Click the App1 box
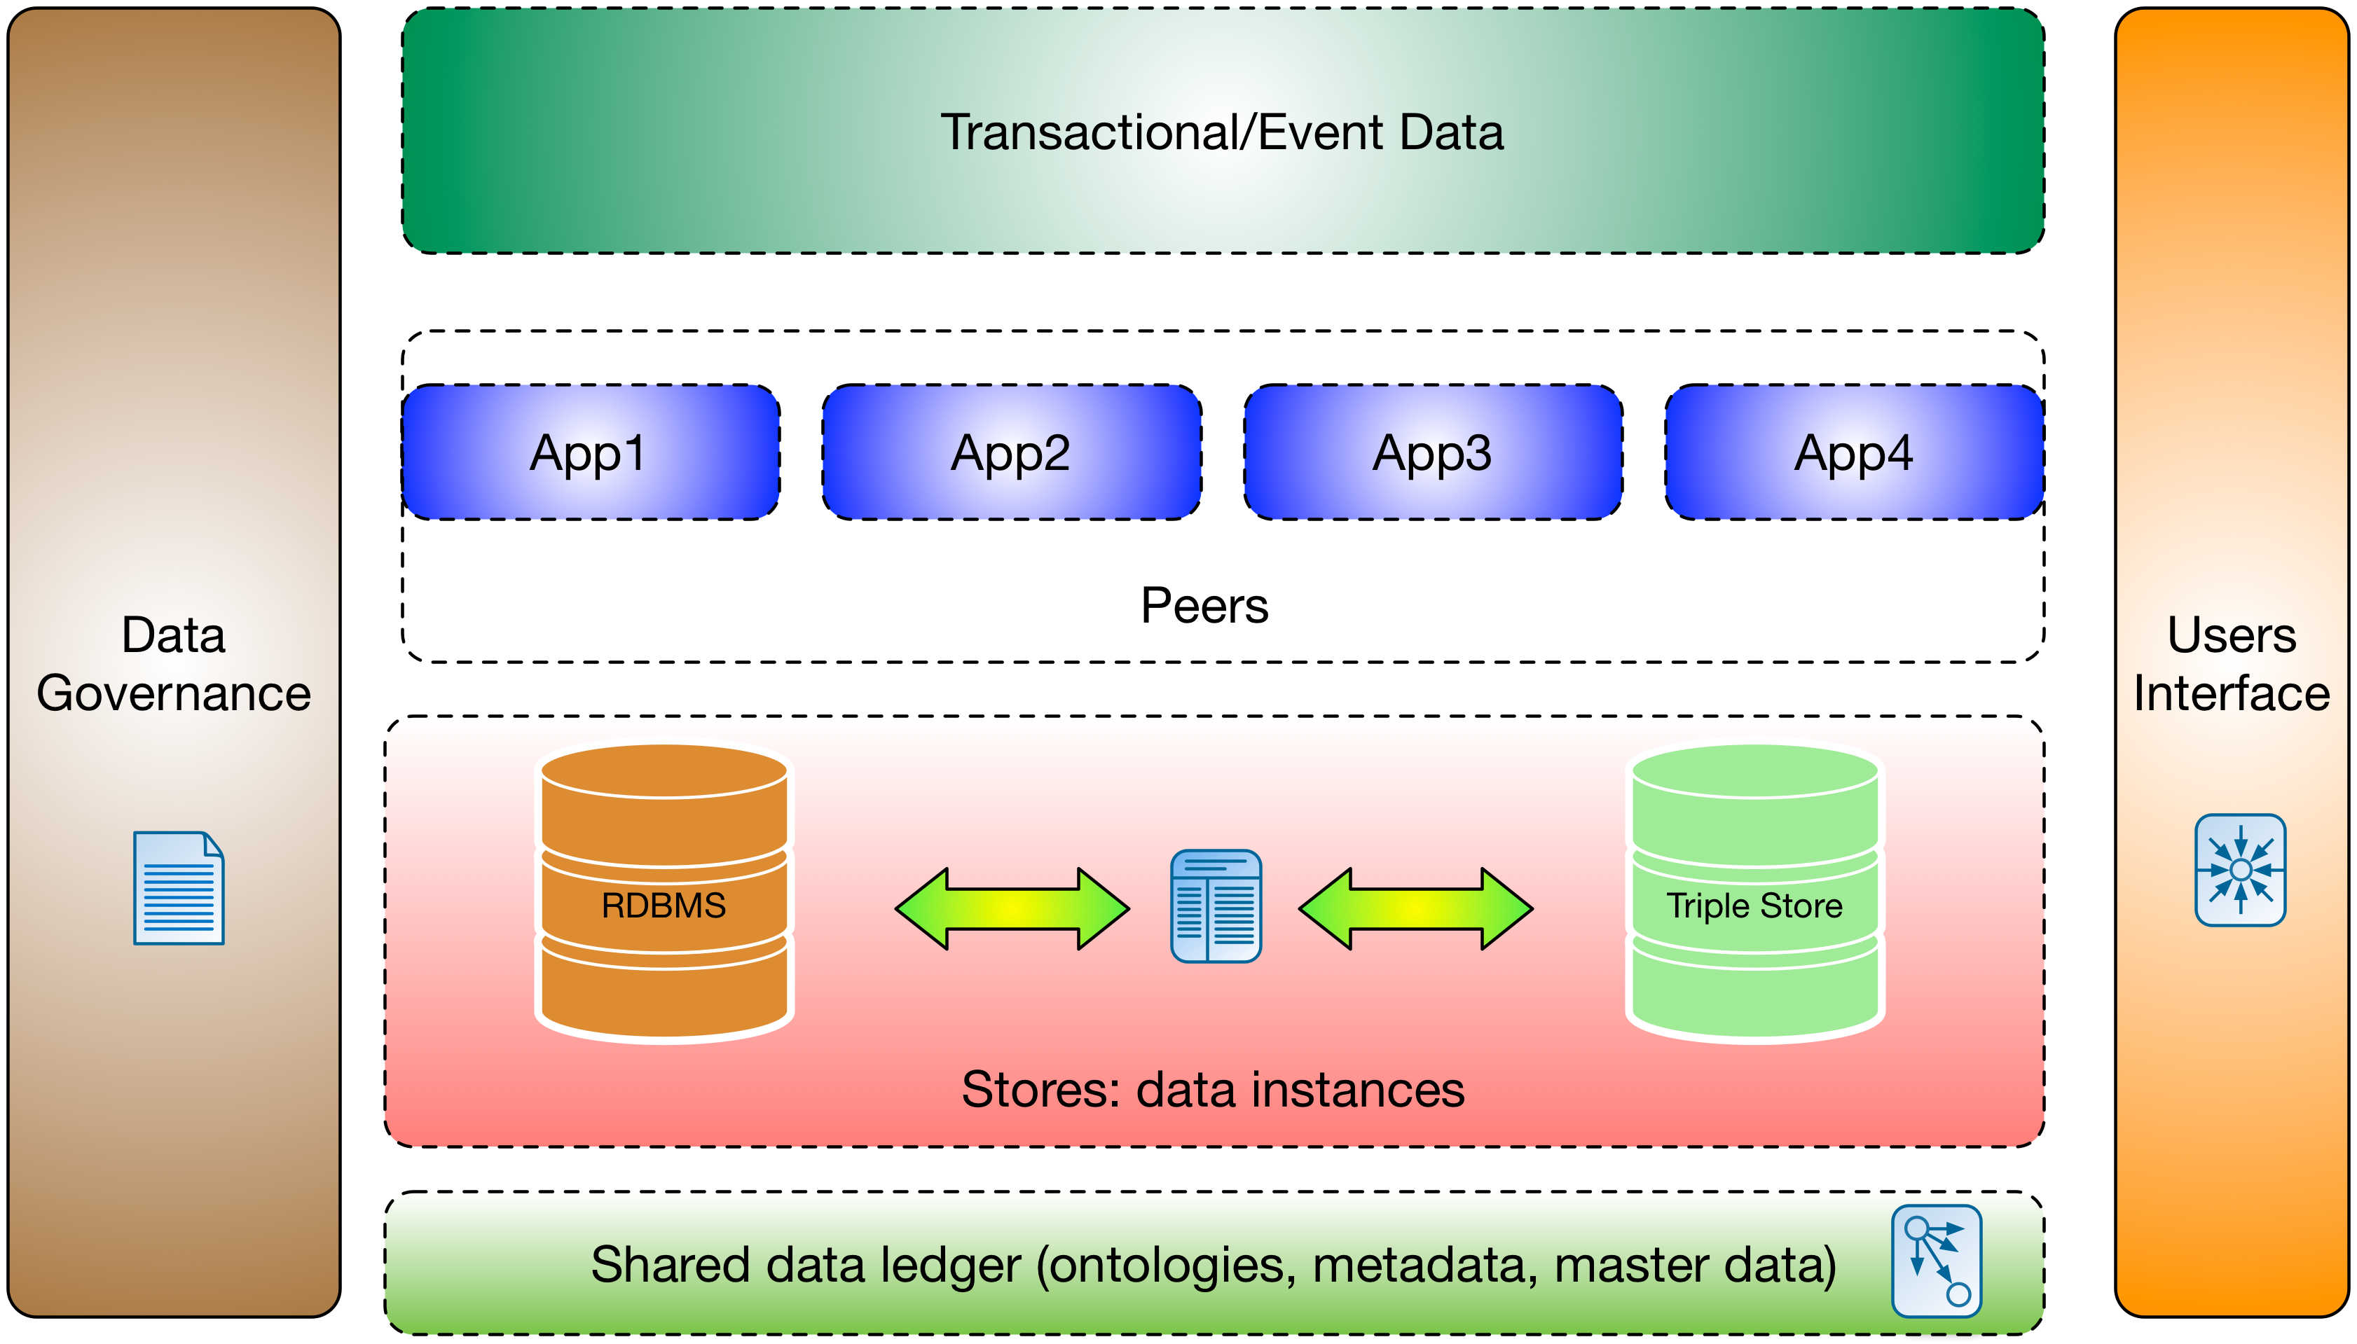coord(591,452)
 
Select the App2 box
coord(1012,452)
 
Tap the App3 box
coord(1433,452)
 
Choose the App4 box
coord(1854,452)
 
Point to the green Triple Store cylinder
coord(1755,893)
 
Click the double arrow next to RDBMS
coord(1012,908)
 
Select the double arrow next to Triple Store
coord(1415,908)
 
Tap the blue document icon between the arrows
coord(1216,906)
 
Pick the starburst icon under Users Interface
coord(2240,870)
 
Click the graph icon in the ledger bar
coord(1936,1261)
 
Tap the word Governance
coord(174,694)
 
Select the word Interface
coord(2232,693)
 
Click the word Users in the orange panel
coord(2232,635)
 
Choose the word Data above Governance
coord(174,635)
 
